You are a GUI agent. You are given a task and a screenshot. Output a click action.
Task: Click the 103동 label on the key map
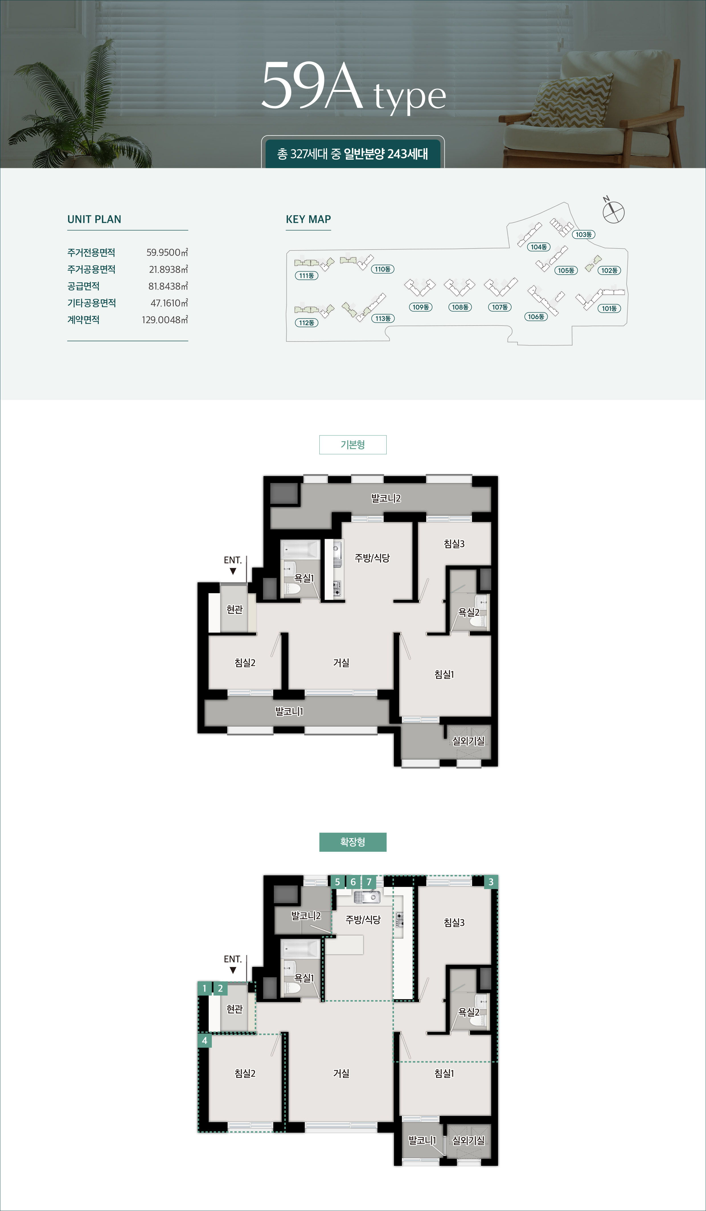584,235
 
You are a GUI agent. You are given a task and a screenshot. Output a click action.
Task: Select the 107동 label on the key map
500,307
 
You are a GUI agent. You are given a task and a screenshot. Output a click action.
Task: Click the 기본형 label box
353,445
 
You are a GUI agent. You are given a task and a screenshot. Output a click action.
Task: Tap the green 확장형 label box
353,842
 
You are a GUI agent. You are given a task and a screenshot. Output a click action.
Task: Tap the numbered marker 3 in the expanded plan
491,882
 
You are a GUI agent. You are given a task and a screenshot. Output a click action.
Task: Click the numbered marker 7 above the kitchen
369,882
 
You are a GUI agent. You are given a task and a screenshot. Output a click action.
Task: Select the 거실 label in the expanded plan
341,1073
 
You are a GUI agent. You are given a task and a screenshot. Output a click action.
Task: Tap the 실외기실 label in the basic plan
469,741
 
